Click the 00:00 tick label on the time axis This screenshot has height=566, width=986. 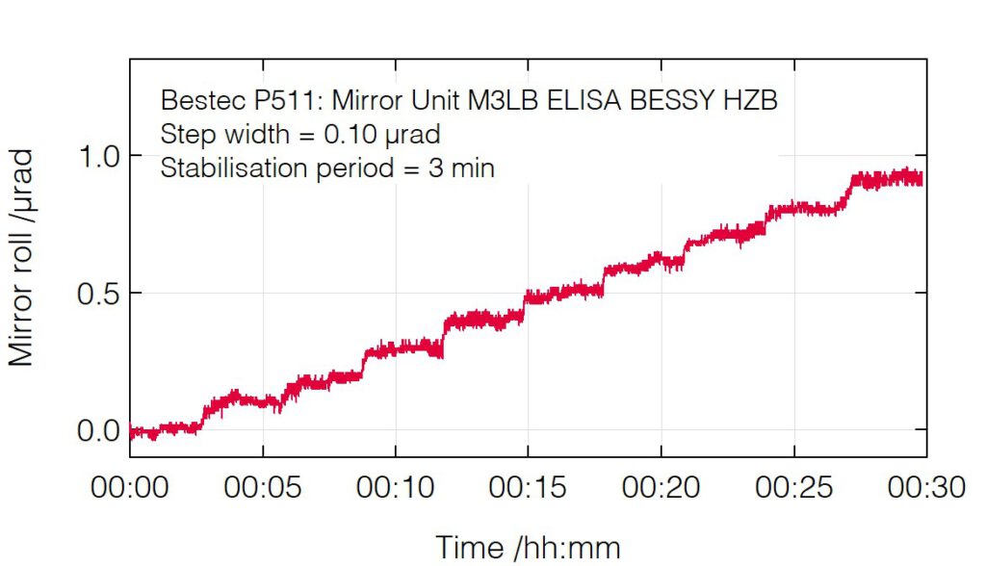click(130, 488)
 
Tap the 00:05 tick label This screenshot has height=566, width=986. click(263, 488)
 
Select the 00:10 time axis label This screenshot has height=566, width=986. click(395, 488)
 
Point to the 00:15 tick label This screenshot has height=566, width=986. click(528, 488)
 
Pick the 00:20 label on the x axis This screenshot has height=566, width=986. click(661, 488)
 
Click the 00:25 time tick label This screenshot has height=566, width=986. click(793, 488)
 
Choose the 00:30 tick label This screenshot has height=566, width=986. click(925, 488)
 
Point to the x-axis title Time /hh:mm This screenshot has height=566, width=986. click(528, 547)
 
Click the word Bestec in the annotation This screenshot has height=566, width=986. click(198, 100)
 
